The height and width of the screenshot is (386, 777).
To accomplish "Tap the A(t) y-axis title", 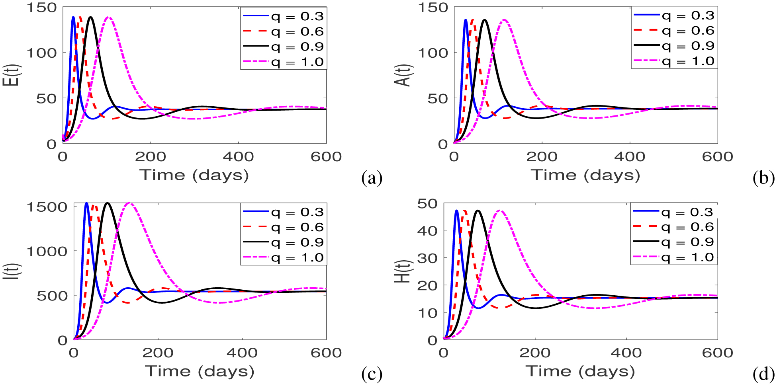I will [x=405, y=75].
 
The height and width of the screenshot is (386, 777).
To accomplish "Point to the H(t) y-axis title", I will [x=403, y=271].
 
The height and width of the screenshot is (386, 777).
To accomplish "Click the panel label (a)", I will [x=372, y=178].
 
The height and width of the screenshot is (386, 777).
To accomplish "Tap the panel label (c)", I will [x=372, y=374].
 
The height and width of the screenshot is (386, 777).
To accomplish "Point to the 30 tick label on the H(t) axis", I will [x=427, y=258].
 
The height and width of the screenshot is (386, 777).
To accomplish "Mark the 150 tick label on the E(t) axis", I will [x=42, y=8].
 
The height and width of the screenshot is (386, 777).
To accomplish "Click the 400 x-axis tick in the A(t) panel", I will [x=630, y=156].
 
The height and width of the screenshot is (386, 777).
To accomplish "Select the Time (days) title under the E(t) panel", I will [x=194, y=175].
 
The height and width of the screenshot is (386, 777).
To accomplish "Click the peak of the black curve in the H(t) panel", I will [x=478, y=211].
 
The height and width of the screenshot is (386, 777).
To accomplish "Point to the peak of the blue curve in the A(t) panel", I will [x=466, y=20].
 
